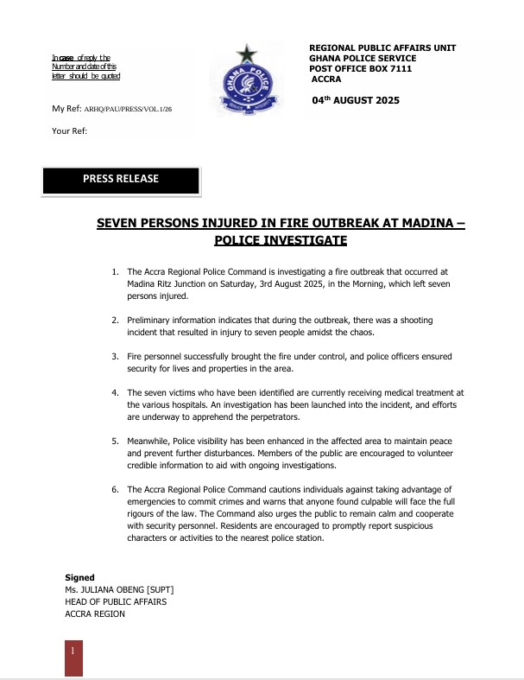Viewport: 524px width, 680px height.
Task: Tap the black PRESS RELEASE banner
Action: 122,180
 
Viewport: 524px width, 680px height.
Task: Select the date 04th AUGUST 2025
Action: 356,101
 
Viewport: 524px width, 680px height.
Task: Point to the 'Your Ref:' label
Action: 70,131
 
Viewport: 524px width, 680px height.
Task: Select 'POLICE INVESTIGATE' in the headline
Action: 281,240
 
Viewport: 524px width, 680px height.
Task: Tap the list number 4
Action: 116,392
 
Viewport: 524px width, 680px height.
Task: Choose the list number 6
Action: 116,490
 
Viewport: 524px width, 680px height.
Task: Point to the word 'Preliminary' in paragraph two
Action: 150,321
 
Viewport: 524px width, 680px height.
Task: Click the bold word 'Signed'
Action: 79,577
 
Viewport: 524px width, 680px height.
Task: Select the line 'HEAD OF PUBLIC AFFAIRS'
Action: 116,601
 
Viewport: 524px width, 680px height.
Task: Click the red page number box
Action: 74,658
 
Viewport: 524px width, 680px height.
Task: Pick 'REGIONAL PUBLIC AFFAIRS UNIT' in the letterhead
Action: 382,48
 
